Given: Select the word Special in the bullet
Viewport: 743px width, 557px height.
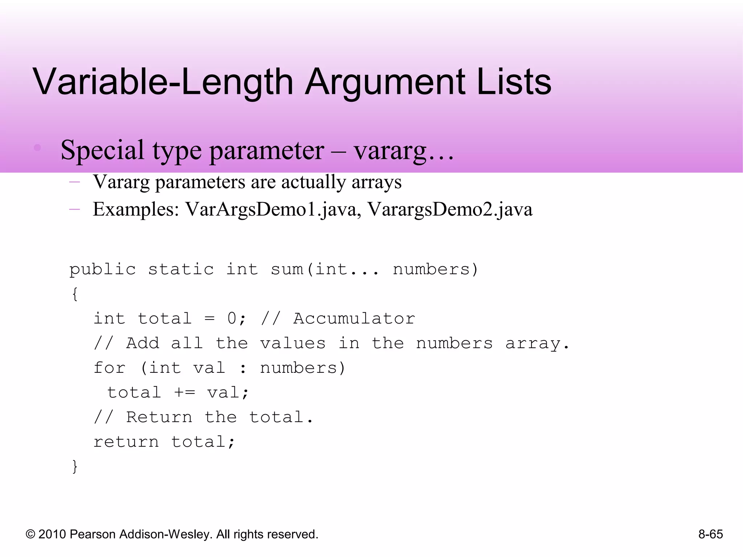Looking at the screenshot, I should click(102, 150).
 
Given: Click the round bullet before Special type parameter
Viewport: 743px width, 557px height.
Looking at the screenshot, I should click(37, 148).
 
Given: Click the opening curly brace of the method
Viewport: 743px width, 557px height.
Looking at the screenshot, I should click(75, 294).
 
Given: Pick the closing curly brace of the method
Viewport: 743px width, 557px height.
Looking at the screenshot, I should click(75, 466).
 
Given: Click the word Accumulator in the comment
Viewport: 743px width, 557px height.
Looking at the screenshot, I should click(354, 319).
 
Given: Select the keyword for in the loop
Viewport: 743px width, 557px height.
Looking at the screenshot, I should click(110, 368).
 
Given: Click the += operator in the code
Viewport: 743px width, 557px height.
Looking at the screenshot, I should click(185, 393).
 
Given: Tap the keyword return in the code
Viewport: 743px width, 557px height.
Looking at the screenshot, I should click(126, 442).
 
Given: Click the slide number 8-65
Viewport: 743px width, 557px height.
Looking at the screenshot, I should click(710, 534).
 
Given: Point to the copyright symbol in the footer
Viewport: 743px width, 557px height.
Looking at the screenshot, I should click(30, 535).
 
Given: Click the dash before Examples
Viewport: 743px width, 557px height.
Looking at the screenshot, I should click(74, 209).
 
